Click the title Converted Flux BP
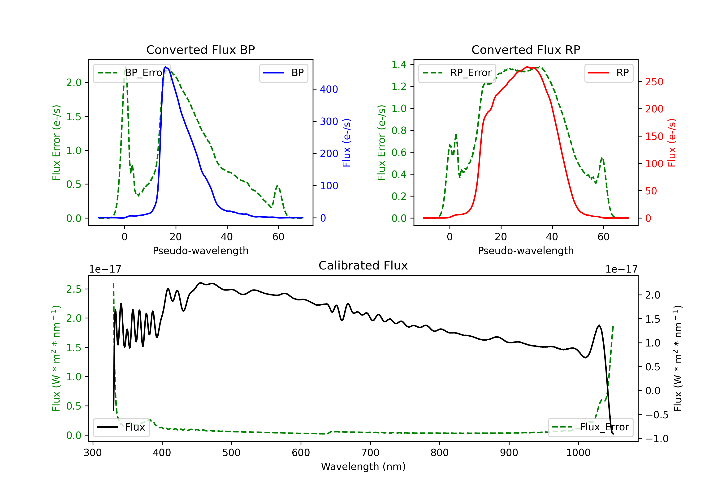201,50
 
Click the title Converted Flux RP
526,50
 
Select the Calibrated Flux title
363,265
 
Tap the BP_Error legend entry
132,73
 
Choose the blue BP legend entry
283,73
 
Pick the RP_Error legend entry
457,73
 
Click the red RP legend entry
609,73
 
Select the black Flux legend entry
121,427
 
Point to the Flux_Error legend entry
590,427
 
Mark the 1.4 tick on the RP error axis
399,64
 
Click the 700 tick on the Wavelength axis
370,453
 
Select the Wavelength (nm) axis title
363,467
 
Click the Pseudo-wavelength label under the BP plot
201,251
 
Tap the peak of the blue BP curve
166,67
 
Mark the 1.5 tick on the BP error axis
74,117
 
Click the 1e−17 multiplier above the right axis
621,269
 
